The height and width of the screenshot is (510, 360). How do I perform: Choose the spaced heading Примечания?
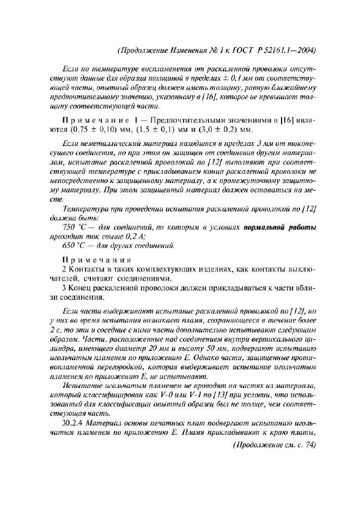[90, 259]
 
